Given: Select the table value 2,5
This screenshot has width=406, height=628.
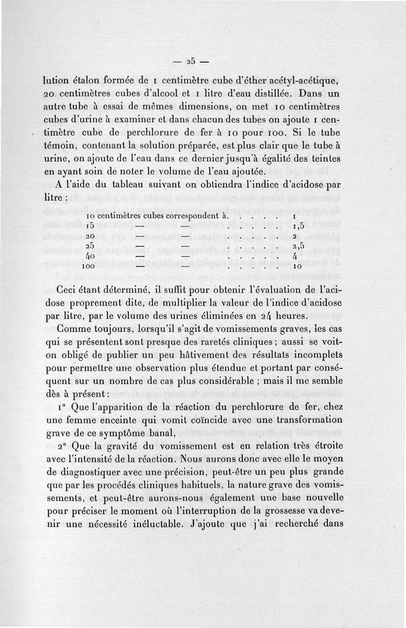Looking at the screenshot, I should click(298, 246).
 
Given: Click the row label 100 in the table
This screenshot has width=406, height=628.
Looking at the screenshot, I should click(90, 266).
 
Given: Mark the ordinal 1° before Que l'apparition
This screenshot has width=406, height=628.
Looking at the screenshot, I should click(62, 407).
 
